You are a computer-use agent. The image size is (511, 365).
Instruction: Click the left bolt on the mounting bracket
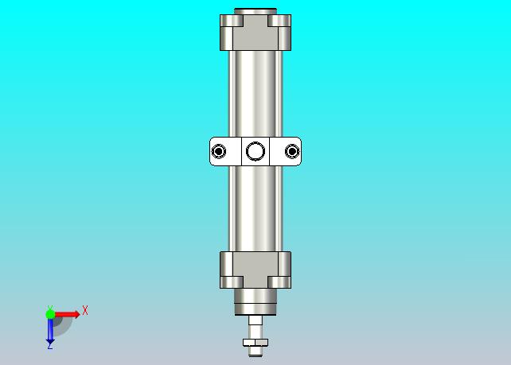point(218,151)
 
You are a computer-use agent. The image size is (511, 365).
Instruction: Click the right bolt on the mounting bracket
point(292,151)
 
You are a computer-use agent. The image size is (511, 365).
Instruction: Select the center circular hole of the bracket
point(255,151)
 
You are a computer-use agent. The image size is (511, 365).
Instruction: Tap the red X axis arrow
point(67,314)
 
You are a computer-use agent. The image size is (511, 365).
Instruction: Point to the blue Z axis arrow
point(50,332)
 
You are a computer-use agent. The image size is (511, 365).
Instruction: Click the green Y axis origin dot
point(50,314)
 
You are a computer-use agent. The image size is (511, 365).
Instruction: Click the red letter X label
point(85,310)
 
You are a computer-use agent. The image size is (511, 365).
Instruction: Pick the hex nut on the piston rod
point(255,342)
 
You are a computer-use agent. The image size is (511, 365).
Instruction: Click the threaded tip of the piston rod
point(255,351)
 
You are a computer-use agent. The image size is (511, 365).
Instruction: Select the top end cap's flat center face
point(255,33)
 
